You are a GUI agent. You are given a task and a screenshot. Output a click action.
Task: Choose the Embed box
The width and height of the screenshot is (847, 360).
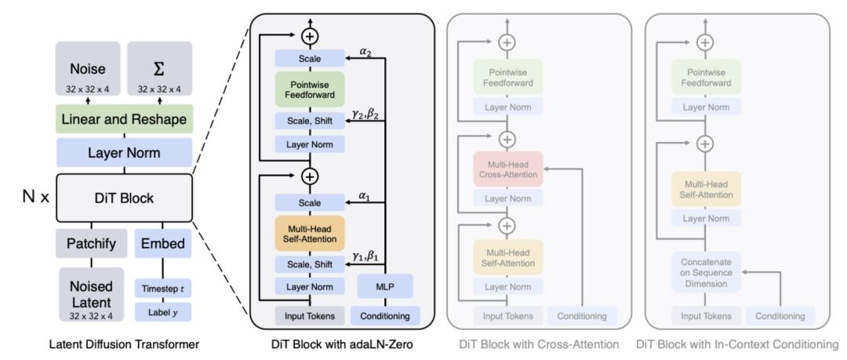tap(164, 243)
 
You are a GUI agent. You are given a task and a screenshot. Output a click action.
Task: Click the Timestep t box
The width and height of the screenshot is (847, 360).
tap(164, 288)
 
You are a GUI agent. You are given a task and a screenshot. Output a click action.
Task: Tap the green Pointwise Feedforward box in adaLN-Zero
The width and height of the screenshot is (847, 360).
tap(310, 89)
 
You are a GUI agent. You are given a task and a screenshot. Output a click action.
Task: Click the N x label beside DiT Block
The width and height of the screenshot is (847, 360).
tap(35, 198)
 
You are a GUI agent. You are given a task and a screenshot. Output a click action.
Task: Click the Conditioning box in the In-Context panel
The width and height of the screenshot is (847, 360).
tap(779, 315)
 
